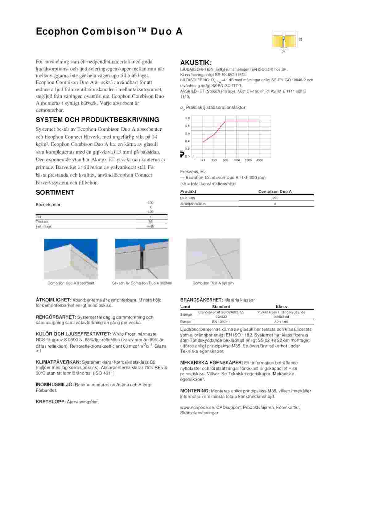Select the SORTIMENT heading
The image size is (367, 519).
point(55,193)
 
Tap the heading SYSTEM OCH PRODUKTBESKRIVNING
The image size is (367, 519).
point(97,120)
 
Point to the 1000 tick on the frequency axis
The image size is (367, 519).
point(237,160)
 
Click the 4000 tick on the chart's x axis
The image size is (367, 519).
point(259,160)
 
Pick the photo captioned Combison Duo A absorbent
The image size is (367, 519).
point(71,259)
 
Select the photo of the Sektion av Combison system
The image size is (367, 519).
point(142,259)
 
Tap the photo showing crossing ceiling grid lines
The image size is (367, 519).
point(213,259)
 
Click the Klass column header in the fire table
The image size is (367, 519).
point(281,307)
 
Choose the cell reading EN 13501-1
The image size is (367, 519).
point(221,322)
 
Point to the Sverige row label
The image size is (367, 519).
point(186,315)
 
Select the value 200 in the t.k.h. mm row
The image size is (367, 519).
point(275,198)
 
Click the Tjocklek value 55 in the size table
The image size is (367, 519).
point(151,222)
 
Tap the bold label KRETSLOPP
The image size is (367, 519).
point(51,402)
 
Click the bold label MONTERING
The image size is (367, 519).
point(195,391)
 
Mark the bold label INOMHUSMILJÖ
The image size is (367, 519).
point(55,385)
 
